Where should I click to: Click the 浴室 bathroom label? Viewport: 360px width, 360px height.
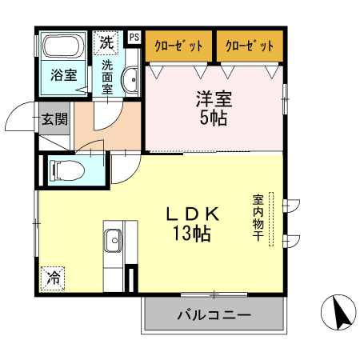[x=64, y=76]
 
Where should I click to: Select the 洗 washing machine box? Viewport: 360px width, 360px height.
[x=107, y=41]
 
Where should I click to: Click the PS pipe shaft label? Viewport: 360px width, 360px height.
[x=133, y=37]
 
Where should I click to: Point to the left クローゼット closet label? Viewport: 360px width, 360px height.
[x=178, y=45]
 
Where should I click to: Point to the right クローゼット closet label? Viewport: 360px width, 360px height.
[x=249, y=45]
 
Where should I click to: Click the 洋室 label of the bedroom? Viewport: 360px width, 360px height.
[x=214, y=101]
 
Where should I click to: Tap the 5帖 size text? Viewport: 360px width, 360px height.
[x=214, y=118]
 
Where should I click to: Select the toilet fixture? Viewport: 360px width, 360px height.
[x=63, y=170]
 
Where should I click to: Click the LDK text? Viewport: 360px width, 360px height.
[x=192, y=214]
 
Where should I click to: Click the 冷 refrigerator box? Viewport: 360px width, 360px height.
[x=53, y=278]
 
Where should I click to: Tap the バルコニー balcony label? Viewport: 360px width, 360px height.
[x=214, y=315]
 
